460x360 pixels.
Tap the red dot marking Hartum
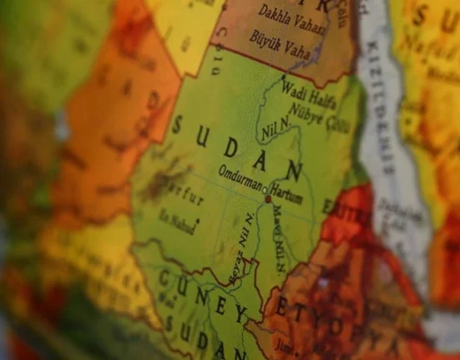[267, 199]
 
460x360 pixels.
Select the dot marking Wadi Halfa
[281, 79]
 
